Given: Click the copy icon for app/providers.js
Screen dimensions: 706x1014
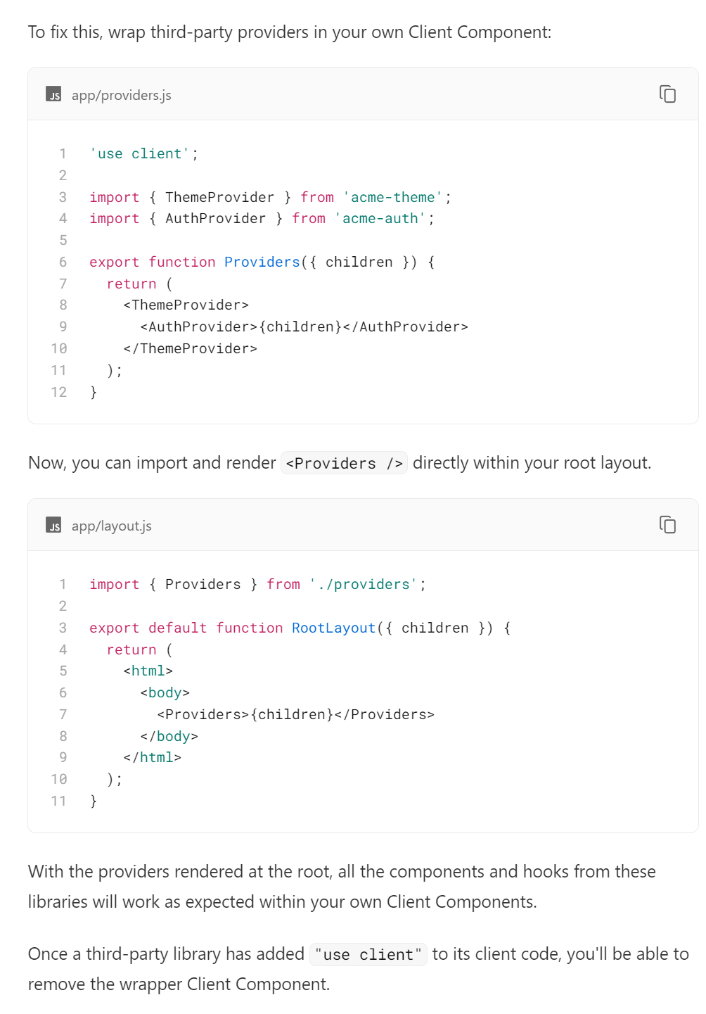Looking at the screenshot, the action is click(x=667, y=94).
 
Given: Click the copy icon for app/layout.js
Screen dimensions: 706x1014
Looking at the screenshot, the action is click(x=667, y=524).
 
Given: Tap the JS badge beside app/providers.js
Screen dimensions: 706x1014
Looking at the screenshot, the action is click(x=53, y=94).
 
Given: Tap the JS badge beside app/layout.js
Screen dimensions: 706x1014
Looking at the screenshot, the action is click(x=53, y=525).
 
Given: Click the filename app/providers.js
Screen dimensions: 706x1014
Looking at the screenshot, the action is click(x=121, y=95).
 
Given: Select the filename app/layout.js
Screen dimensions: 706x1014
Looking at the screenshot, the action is click(x=111, y=526).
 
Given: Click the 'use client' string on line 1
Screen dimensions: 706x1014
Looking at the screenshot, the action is click(x=139, y=153).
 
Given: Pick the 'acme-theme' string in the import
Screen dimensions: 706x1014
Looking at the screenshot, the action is click(x=393, y=197).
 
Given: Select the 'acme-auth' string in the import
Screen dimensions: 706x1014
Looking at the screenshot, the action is click(x=380, y=218).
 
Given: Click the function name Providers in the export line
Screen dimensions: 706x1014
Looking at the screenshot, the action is click(x=262, y=262).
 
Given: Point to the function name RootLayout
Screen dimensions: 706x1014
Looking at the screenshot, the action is click(x=333, y=628).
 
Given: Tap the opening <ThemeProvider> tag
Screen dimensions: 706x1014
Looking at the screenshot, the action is click(x=186, y=305).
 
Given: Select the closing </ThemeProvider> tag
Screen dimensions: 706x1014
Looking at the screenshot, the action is click(x=190, y=348).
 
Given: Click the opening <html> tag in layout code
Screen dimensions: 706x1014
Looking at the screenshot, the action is click(x=148, y=671).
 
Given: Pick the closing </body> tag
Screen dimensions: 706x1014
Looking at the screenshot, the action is click(x=169, y=736).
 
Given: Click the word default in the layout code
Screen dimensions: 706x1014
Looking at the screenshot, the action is click(x=177, y=628).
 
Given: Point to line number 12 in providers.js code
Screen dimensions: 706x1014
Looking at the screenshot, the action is click(x=59, y=392).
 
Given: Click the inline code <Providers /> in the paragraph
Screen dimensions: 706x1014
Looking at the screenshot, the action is click(x=344, y=463).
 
